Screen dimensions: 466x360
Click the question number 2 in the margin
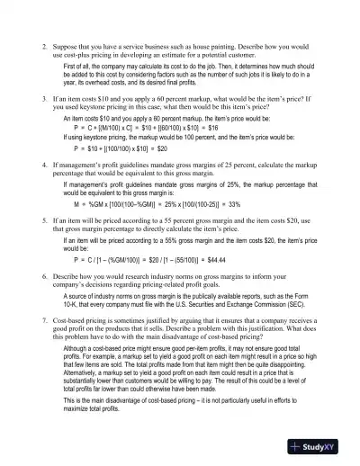coord(44,43)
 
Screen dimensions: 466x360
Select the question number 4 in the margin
coord(44,166)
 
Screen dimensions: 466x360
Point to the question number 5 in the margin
coord(44,220)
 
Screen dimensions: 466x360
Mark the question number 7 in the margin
coord(44,319)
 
